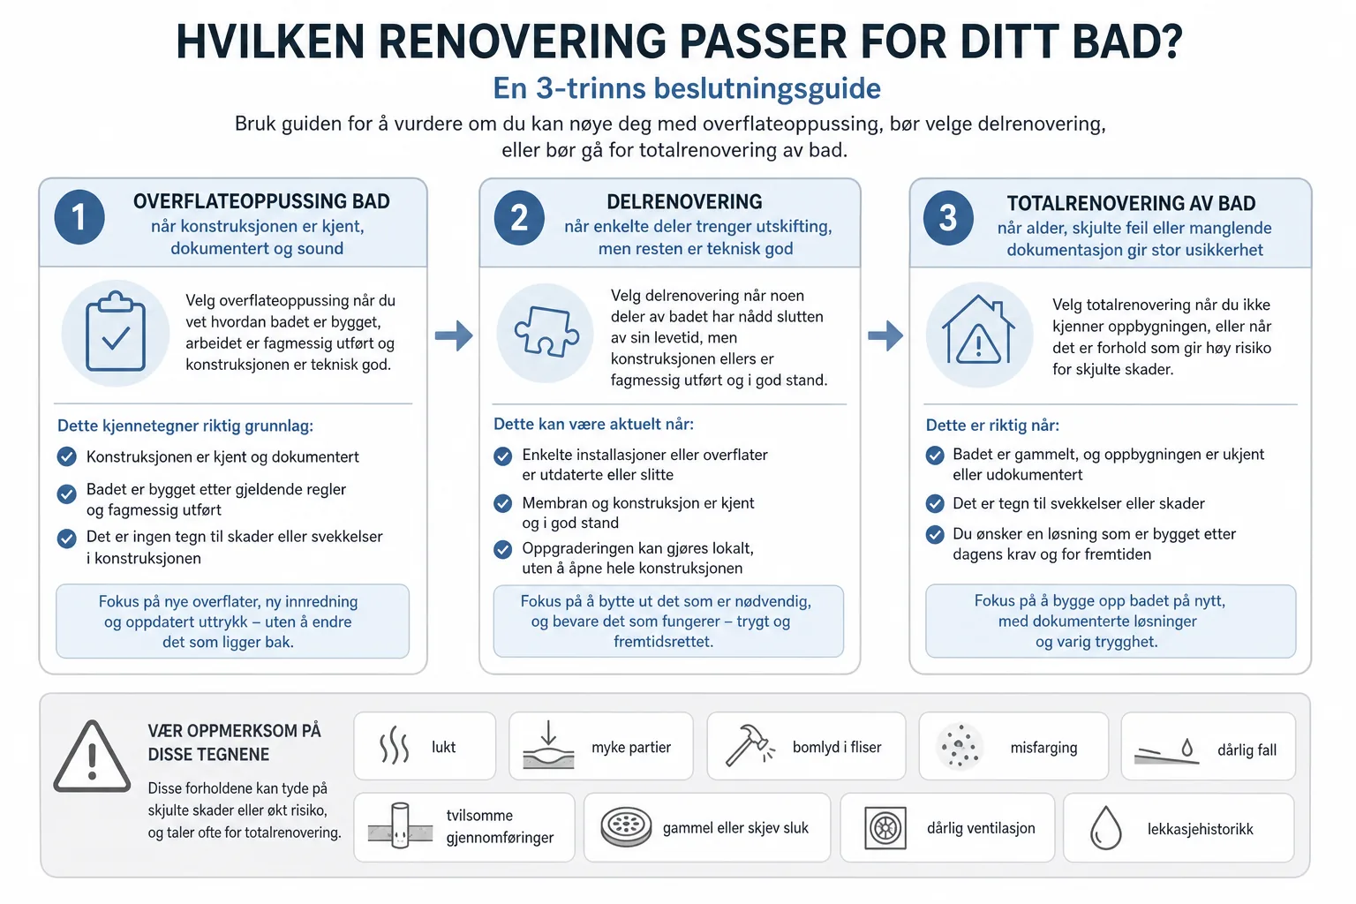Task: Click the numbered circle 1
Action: tap(79, 217)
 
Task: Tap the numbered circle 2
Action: tap(519, 217)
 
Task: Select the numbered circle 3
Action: tap(948, 218)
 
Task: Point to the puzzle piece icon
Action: tap(546, 331)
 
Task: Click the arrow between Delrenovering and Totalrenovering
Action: tap(885, 335)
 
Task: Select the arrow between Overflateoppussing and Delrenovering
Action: tap(454, 335)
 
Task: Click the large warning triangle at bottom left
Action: tap(92, 757)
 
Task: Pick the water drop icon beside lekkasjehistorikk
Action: tap(1105, 828)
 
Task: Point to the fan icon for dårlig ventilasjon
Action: tap(885, 828)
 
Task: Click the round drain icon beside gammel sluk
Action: tap(626, 826)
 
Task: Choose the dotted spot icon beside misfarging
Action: tap(960, 746)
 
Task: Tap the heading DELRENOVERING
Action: tap(684, 201)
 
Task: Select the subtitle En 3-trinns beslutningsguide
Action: tap(687, 88)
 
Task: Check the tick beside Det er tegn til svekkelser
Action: tap(935, 503)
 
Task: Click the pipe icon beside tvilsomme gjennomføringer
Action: tap(400, 826)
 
